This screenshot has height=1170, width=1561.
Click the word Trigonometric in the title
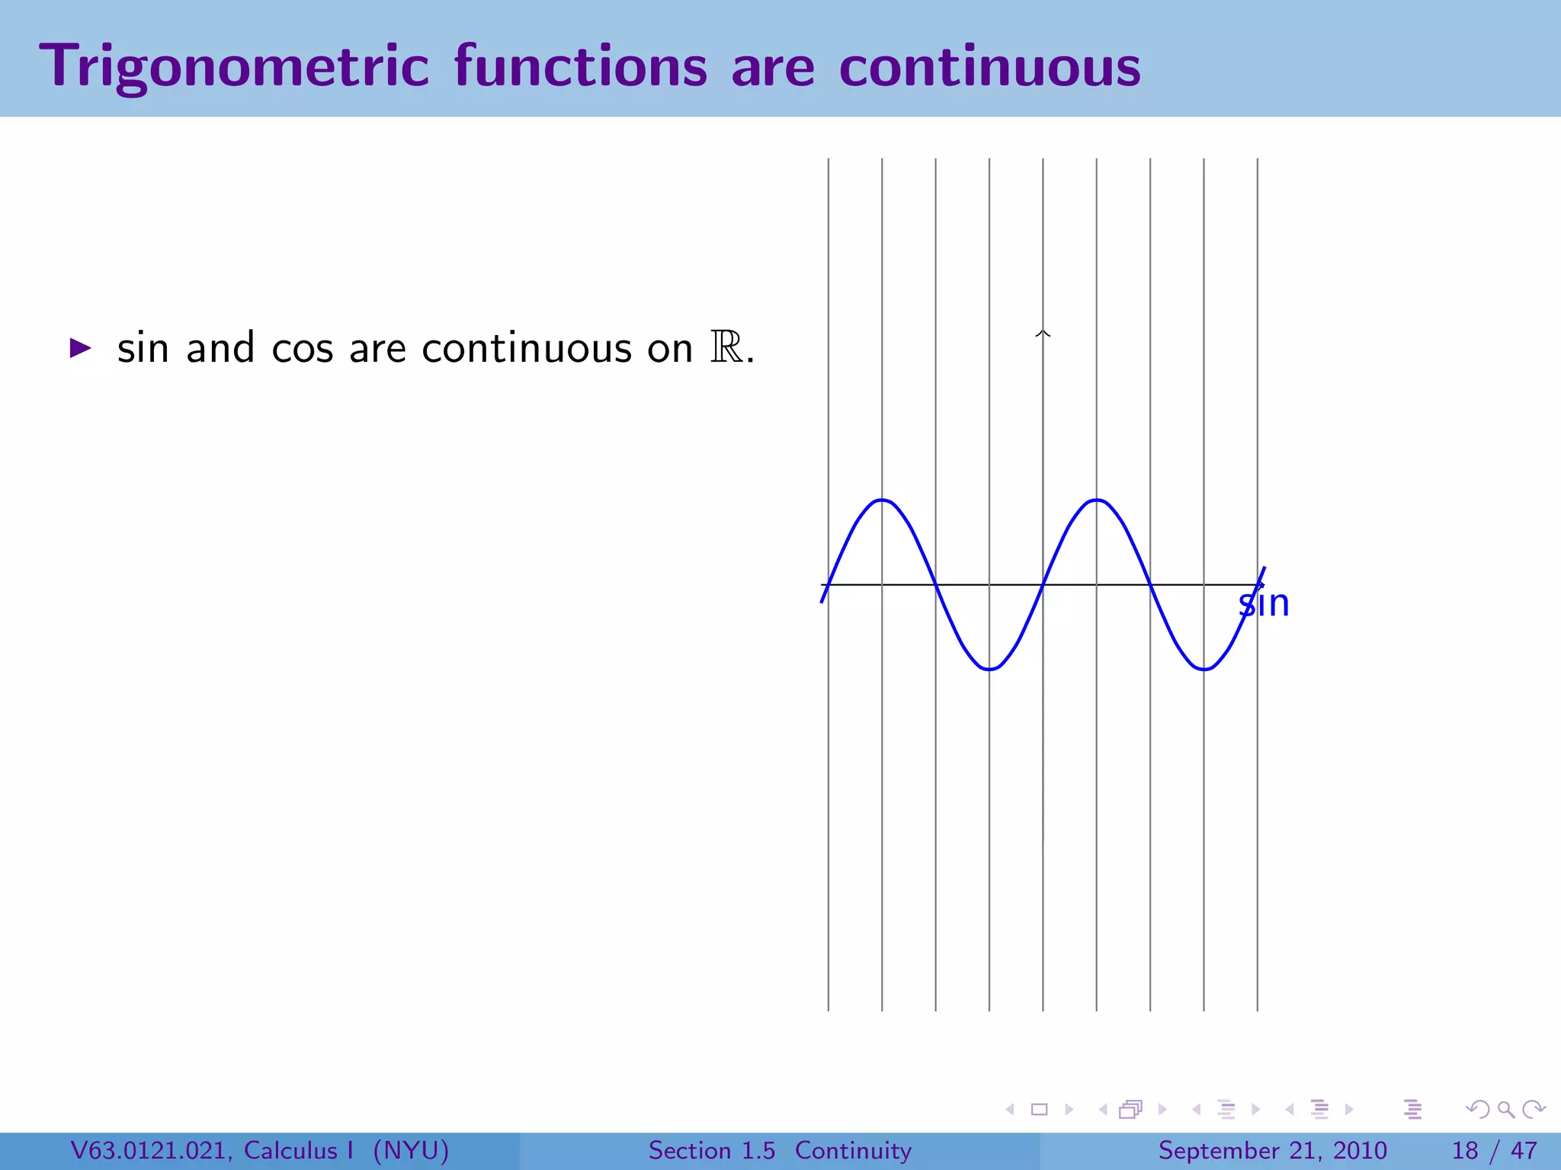point(234,67)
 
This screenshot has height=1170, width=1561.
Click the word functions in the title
point(580,67)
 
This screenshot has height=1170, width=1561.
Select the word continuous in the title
point(989,67)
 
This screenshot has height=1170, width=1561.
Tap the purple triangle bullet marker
point(80,349)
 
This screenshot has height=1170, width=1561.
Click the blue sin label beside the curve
point(1264,604)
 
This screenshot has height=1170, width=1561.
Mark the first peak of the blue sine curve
point(882,500)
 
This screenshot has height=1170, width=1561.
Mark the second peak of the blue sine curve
point(1096,500)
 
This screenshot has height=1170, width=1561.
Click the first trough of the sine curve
point(989,669)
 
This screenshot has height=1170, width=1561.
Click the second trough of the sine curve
point(1204,669)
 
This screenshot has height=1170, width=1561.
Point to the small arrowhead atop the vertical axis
point(1043,333)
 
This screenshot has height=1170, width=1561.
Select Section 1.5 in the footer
point(711,1150)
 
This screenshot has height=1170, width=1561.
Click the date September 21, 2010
point(1272,1150)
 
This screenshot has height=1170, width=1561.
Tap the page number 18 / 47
point(1494,1150)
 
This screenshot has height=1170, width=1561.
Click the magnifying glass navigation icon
point(1505,1110)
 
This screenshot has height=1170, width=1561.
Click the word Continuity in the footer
point(853,1150)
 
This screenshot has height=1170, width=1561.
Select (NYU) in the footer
point(411,1150)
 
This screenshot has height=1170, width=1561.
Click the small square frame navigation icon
point(1039,1110)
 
